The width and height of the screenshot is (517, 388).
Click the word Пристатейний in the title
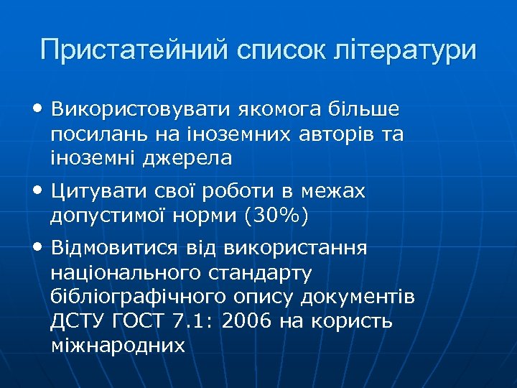pyautogui.click(x=133, y=50)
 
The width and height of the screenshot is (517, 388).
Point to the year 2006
pyautogui.click(x=248, y=320)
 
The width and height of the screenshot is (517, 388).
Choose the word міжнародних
pyautogui.click(x=118, y=344)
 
